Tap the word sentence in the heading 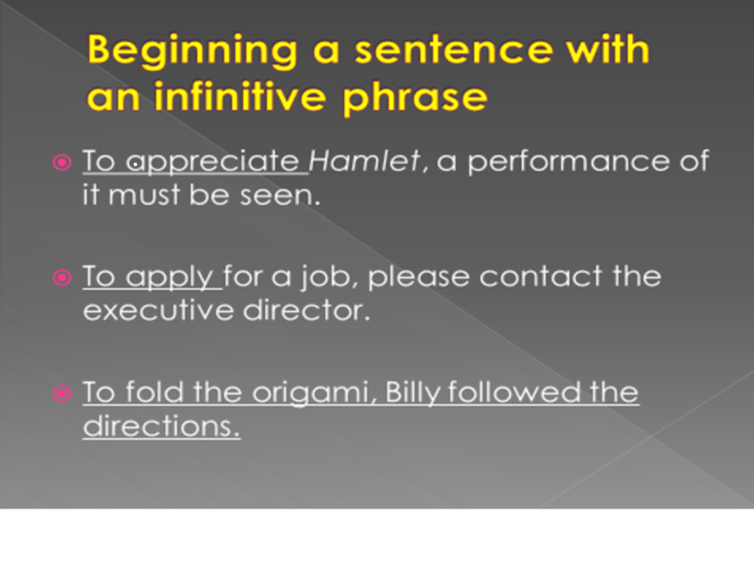tap(454, 50)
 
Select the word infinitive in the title tap(239, 96)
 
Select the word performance tap(568, 162)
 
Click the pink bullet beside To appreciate tap(62, 162)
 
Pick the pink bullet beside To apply tap(62, 277)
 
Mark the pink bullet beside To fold tap(62, 393)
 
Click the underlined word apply tap(170, 278)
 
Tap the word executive tap(158, 310)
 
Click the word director tap(307, 310)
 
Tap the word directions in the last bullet tap(161, 426)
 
